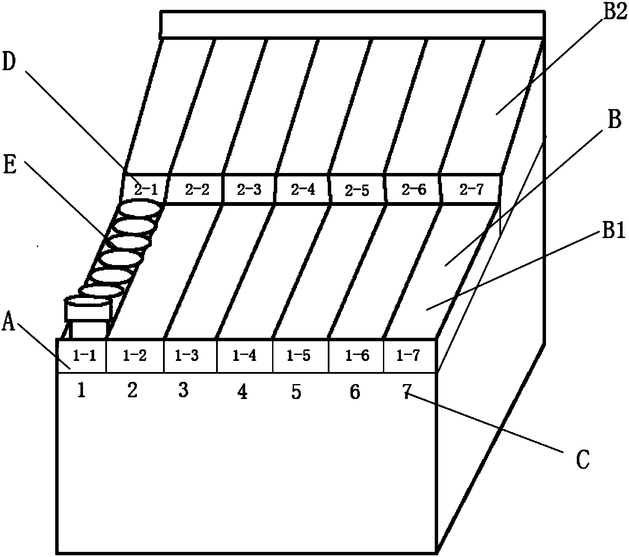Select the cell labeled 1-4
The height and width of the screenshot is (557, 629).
244,355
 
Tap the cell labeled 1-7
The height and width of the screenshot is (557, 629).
409,355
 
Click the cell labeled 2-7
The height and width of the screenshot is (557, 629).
471,190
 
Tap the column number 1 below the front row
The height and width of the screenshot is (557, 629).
81,390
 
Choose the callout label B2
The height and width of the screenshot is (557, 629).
614,13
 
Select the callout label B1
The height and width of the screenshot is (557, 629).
614,232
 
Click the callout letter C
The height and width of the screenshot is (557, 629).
582,459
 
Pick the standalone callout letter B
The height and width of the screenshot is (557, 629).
614,121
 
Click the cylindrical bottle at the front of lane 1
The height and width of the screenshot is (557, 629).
88,315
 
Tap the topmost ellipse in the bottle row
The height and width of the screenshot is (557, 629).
140,209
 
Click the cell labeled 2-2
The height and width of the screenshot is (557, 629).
197,190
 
